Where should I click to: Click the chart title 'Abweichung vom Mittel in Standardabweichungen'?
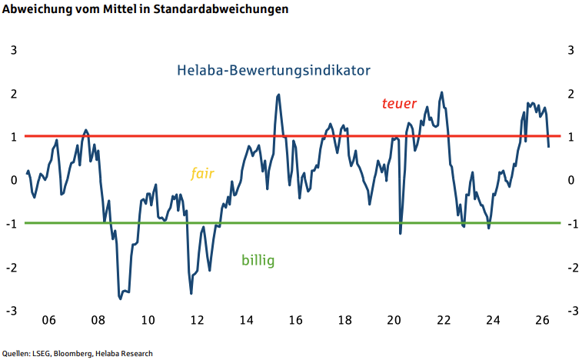coord(146,10)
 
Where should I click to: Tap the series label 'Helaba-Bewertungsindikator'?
coord(274,70)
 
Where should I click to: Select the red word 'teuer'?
coord(399,104)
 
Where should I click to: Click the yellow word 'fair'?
coord(202,172)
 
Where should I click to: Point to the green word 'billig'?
coord(258,260)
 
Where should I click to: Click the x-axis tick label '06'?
coord(48,321)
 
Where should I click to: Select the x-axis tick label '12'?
coord(197,321)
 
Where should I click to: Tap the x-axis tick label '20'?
coord(394,321)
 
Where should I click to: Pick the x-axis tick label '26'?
coord(542,321)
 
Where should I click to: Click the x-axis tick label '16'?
coord(295,321)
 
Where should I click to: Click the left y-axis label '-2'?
coord(11,268)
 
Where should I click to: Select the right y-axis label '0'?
coord(570,181)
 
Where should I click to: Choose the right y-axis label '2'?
coord(570,94)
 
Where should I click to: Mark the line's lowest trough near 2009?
coord(121,298)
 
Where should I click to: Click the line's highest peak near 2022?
coord(441,92)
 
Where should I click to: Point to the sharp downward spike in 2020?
coord(401,233)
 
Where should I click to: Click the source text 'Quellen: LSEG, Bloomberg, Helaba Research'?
coord(77,353)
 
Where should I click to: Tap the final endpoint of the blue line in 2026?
coord(548,146)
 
